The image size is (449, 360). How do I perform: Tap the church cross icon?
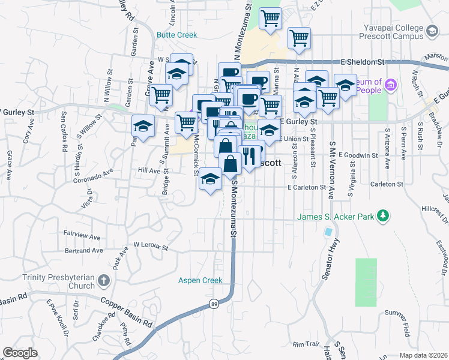click(103, 280)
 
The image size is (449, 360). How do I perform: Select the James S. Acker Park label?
click(336, 216)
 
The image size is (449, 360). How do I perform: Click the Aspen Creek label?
click(200, 280)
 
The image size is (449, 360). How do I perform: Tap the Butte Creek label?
click(176, 35)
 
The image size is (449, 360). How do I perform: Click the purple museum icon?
click(391, 86)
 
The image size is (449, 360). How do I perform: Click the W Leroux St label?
click(151, 245)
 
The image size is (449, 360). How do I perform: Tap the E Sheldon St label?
click(362, 61)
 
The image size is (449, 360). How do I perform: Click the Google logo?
click(20, 353)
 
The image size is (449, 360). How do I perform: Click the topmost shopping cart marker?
click(271, 18)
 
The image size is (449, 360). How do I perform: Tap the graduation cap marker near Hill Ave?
click(210, 179)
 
